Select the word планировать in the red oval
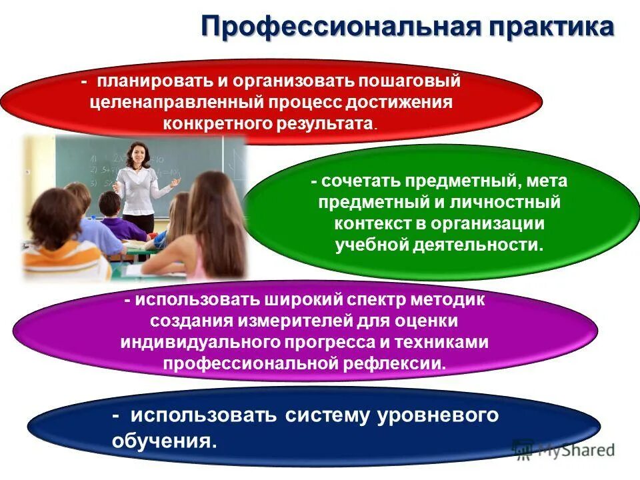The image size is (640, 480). [x=151, y=82]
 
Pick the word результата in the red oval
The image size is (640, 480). [x=324, y=123]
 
